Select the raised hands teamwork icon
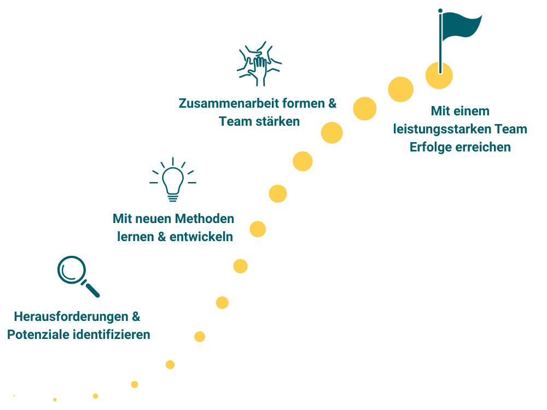[259, 63]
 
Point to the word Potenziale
[38, 335]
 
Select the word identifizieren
[112, 335]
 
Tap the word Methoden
[205, 219]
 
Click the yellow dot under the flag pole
[439, 75]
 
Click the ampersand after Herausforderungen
[137, 317]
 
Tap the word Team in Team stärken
[235, 121]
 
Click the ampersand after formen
[333, 103]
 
